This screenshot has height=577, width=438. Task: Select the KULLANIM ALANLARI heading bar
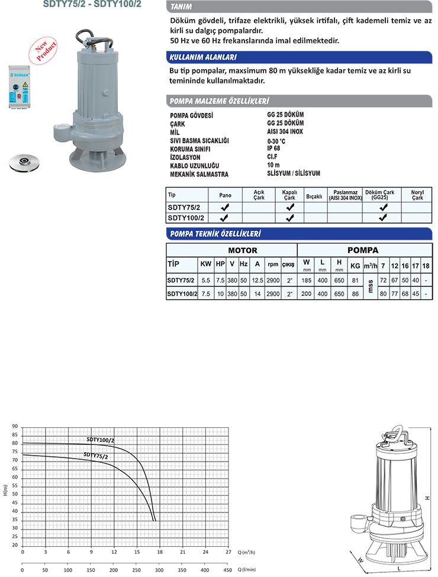(x=203, y=57)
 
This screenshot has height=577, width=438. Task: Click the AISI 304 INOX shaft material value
(x=285, y=132)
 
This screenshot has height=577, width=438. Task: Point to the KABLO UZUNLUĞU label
(x=194, y=166)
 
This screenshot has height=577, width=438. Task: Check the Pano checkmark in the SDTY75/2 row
(x=225, y=208)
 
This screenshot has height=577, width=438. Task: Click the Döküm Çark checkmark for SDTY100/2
(x=383, y=218)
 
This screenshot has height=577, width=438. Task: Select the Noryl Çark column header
(x=417, y=195)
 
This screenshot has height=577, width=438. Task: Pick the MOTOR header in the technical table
(x=243, y=250)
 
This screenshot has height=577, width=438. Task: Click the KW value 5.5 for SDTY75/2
(x=206, y=280)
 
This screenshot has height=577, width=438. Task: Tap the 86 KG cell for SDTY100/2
(x=355, y=294)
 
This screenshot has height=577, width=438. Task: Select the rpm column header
(x=273, y=264)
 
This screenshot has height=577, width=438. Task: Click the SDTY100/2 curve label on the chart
(x=101, y=440)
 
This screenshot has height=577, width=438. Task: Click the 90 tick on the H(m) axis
(x=15, y=427)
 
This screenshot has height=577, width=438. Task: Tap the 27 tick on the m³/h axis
(x=228, y=552)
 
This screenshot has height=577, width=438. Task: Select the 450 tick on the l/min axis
(x=228, y=570)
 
